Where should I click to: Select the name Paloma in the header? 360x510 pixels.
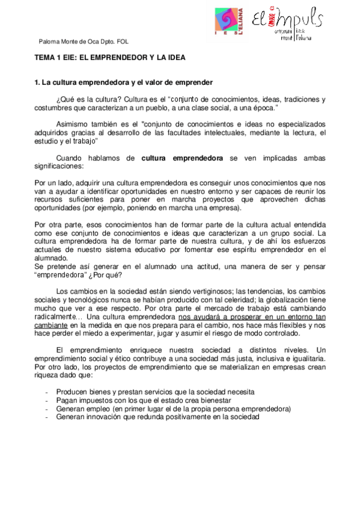tap(49, 41)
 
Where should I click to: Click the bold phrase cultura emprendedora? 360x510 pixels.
tap(182, 158)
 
